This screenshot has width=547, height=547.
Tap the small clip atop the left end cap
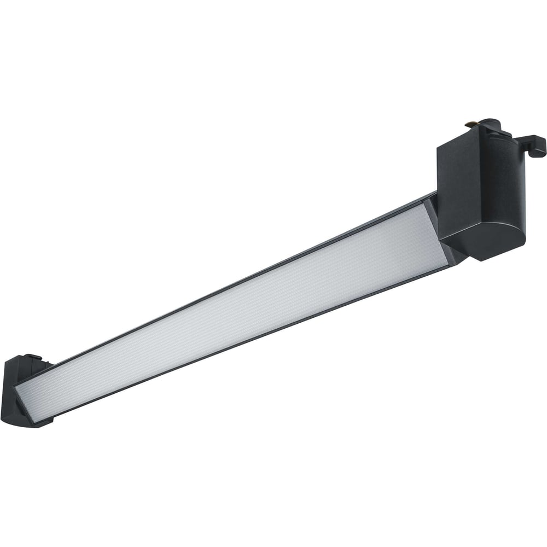pyautogui.click(x=33, y=358)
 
